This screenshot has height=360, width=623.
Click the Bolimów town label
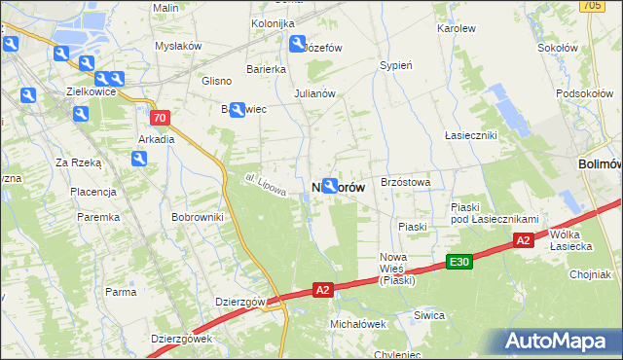coord(599,164)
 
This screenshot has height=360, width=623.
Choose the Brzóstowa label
coord(406,182)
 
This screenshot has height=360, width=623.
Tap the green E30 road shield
coord(459,262)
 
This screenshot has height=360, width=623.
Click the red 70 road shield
coord(161,118)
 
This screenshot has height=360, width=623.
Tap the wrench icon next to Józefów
coord(298,43)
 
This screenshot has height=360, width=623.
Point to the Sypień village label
coord(396,66)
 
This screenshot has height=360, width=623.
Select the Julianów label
coord(314,94)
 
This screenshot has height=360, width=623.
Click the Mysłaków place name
coord(178,46)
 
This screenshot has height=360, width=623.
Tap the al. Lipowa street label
coord(266,185)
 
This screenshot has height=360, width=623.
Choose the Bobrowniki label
coord(198,216)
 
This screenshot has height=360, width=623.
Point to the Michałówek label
coord(358,323)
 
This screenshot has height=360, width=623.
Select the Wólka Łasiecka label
coord(571,240)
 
